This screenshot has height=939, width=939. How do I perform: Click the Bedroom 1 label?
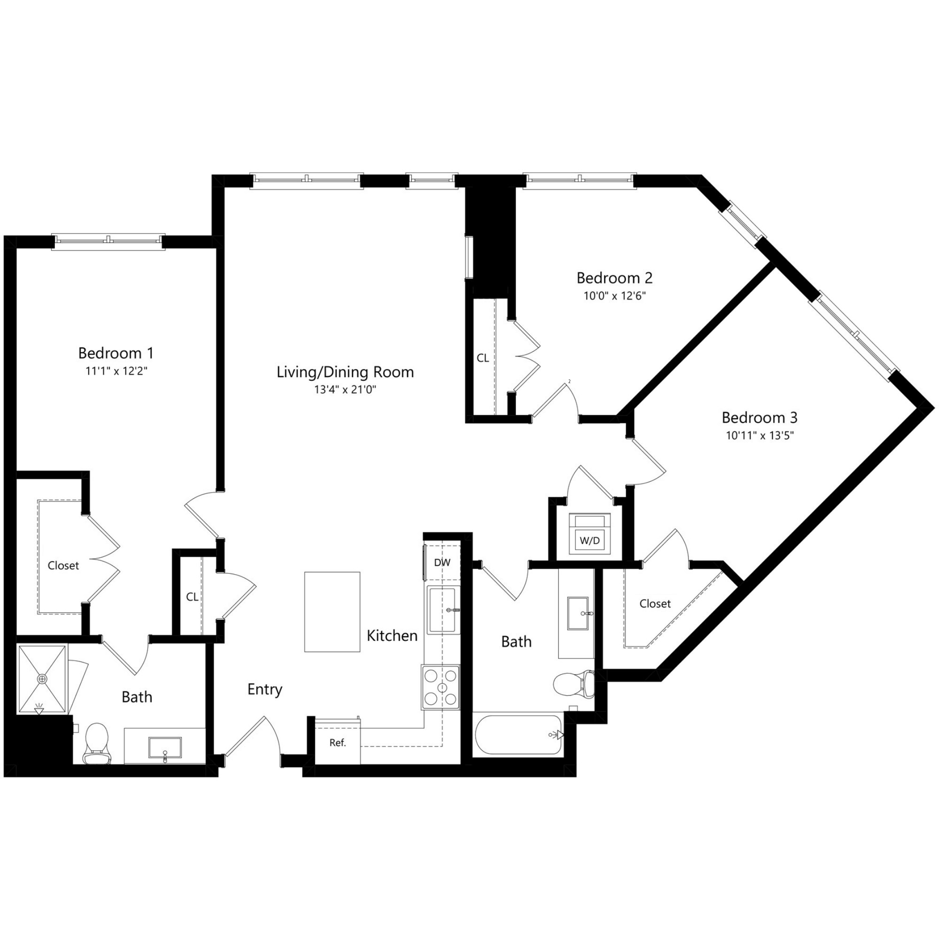point(115,353)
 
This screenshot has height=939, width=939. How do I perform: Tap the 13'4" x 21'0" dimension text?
point(345,390)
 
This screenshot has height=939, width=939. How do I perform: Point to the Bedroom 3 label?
point(759,417)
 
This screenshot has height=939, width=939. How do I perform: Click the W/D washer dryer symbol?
point(590,534)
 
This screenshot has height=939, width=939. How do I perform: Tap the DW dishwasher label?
point(442,563)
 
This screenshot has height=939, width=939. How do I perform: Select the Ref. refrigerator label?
point(337,743)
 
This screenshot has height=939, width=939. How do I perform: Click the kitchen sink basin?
point(442,610)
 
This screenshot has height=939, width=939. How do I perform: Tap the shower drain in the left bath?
point(43,678)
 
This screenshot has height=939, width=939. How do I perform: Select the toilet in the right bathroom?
point(574,684)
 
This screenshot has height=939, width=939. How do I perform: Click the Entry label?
point(264,689)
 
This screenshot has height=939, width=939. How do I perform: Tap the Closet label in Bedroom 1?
point(63,566)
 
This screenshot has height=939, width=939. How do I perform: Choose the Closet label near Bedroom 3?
point(654,604)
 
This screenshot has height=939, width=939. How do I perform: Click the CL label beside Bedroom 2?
point(483,358)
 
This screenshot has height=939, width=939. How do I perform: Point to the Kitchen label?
point(392,636)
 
